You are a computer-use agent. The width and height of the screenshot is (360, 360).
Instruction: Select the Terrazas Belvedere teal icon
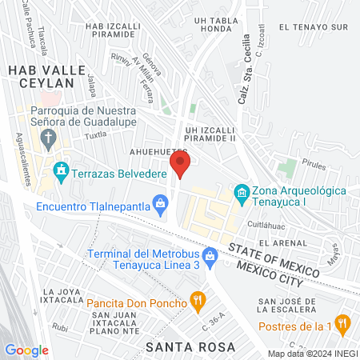tap(61, 171)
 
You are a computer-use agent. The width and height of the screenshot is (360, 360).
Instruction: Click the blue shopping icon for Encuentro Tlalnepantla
tap(162, 205)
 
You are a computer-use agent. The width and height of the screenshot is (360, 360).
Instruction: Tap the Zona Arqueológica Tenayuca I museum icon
tap(241, 193)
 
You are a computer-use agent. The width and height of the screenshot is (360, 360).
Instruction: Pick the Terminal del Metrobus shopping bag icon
tap(210, 257)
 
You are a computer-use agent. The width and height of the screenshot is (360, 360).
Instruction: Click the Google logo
tap(26, 350)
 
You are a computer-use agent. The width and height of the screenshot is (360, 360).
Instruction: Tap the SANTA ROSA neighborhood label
tap(191, 346)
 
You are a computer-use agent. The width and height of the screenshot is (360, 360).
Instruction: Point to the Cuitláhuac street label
tap(267, 224)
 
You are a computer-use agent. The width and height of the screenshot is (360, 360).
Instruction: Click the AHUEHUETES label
tap(159, 151)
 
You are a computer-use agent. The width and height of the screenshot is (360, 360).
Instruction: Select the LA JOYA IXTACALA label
tap(64, 296)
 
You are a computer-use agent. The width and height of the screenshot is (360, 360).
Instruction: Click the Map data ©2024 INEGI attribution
tap(313, 353)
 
